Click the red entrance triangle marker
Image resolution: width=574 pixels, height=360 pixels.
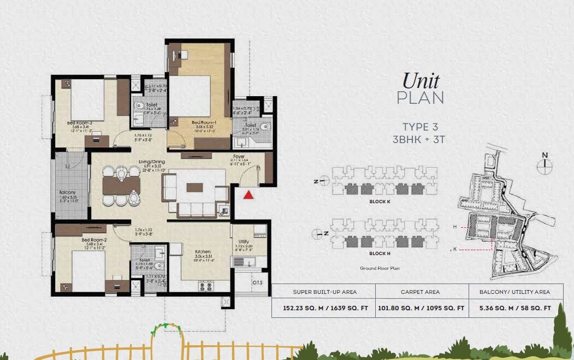(x=248, y=194)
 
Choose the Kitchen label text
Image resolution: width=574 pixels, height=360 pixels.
(x=203, y=252)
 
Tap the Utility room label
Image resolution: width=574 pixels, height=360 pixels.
(x=244, y=241)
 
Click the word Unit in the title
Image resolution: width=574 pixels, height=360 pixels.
(x=421, y=81)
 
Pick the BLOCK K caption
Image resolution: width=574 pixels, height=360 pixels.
(x=381, y=202)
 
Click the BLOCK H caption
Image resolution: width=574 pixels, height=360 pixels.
(x=381, y=253)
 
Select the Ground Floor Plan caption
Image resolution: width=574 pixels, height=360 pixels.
(x=380, y=268)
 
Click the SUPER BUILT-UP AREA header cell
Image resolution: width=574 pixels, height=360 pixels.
(x=325, y=292)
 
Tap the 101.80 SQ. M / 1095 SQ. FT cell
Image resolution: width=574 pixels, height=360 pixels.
(x=421, y=308)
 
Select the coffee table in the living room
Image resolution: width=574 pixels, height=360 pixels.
(x=194, y=187)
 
